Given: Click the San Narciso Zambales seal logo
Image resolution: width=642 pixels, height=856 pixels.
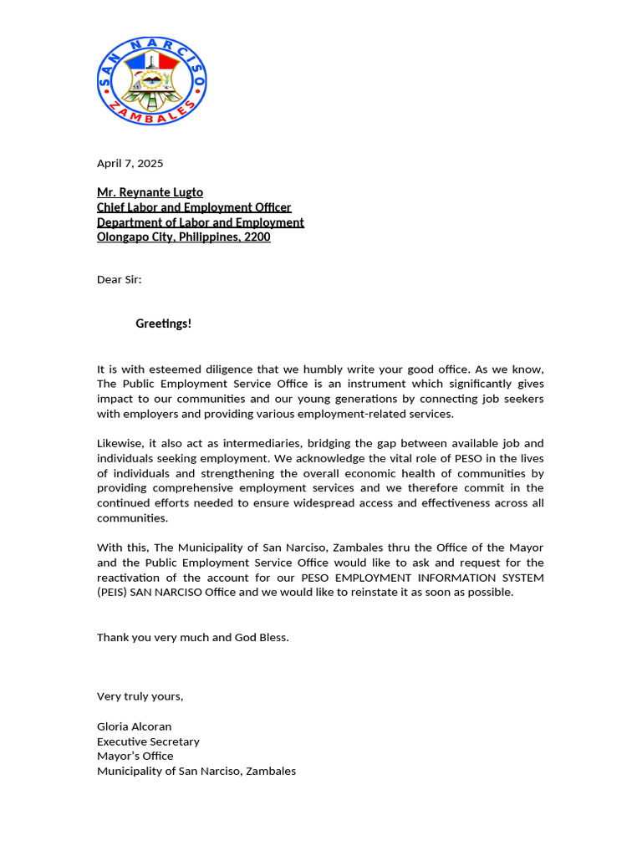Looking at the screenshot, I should click(151, 81).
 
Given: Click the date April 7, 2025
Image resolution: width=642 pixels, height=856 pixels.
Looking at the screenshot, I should click(130, 163).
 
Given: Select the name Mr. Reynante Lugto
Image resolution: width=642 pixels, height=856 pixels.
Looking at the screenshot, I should click(150, 192).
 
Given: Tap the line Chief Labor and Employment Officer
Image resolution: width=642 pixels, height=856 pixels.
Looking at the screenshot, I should click(194, 207).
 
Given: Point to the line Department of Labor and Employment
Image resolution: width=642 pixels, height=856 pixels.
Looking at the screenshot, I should click(200, 222).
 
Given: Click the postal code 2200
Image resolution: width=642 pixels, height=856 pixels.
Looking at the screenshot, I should click(257, 237).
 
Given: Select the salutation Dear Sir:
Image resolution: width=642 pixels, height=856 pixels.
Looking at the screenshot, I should click(119, 279).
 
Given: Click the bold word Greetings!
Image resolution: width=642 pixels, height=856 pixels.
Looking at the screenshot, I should click(163, 324).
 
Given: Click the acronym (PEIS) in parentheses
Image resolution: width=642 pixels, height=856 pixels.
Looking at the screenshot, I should click(114, 593).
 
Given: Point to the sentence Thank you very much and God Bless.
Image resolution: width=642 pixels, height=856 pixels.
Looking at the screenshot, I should click(192, 637).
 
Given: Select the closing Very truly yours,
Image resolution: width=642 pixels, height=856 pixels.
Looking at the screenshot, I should click(140, 696).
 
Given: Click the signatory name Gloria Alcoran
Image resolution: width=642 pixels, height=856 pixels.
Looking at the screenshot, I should click(134, 726).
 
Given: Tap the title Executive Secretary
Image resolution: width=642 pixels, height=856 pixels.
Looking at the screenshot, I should click(148, 741).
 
